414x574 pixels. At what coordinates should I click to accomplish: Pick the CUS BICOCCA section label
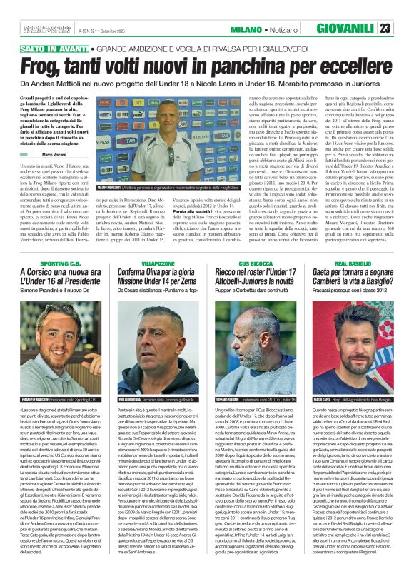(258, 244)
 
